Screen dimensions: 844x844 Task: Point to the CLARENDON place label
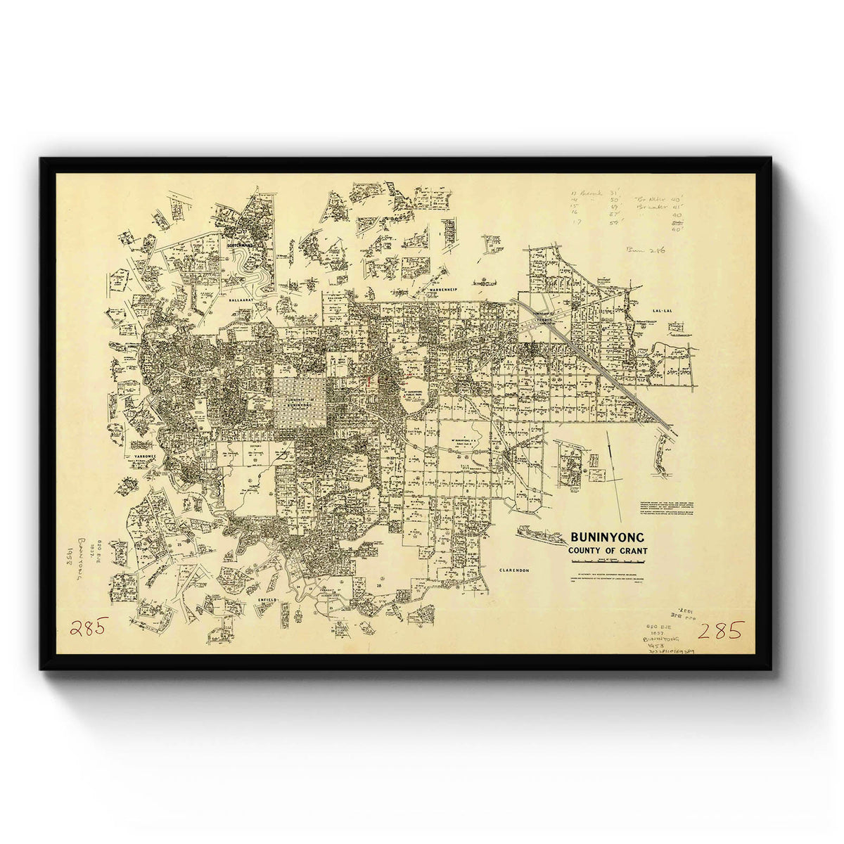[513, 570]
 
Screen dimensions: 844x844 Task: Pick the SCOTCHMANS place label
[240, 245]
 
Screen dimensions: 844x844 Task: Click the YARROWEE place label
[143, 456]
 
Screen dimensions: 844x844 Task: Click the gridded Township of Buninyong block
[300, 402]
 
